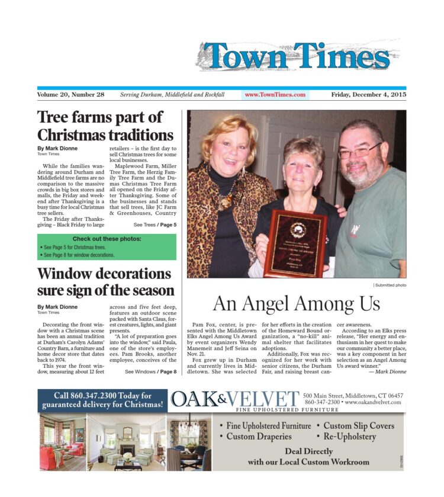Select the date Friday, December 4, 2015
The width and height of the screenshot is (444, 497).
[368, 94]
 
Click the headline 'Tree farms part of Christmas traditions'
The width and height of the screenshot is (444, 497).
[105, 125]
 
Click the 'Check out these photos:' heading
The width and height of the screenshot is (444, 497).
[107, 239]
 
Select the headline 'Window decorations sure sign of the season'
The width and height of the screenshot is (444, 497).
[105, 282]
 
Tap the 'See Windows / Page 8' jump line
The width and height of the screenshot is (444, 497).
[150, 371]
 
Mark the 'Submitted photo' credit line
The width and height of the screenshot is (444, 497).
[390, 286]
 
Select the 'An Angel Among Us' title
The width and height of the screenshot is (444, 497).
[296, 304]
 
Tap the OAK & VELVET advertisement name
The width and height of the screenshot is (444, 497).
[234, 399]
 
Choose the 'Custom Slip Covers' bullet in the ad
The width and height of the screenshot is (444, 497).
[359, 425]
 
